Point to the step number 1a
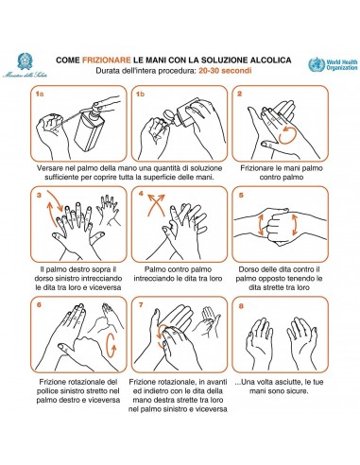pyautogui.click(x=39, y=95)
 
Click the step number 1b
pyautogui.click(x=140, y=95)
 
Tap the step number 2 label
pyautogui.click(x=240, y=95)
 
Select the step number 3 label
pyautogui.click(x=38, y=196)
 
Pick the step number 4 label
pyautogui.click(x=139, y=196)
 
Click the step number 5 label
pyautogui.click(x=240, y=196)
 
